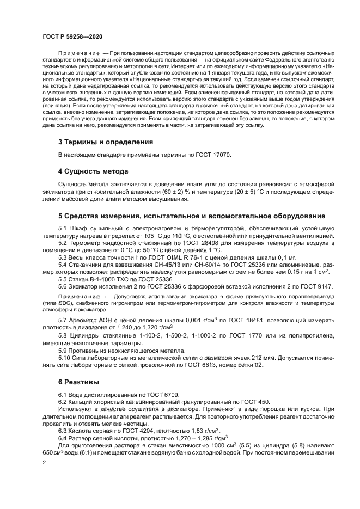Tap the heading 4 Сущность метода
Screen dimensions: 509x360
pos(93,171)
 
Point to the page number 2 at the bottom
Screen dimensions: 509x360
pos(44,463)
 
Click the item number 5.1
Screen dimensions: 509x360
pos(63,228)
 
